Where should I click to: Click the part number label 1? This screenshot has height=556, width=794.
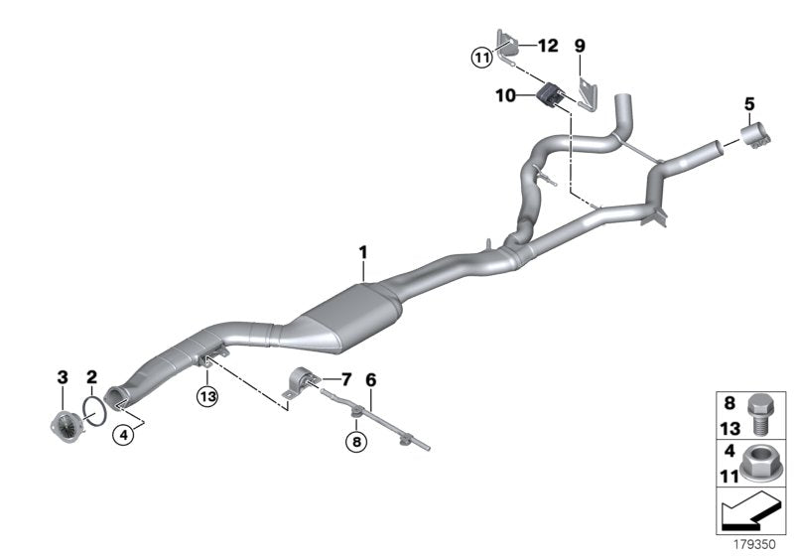click(x=363, y=253)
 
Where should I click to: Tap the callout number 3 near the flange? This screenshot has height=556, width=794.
click(x=62, y=376)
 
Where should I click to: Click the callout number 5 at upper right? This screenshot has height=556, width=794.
click(x=749, y=102)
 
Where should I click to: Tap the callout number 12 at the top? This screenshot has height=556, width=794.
click(x=548, y=46)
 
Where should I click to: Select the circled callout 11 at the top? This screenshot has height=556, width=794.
click(x=481, y=59)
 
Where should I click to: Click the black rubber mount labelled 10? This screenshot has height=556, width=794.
click(x=549, y=96)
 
